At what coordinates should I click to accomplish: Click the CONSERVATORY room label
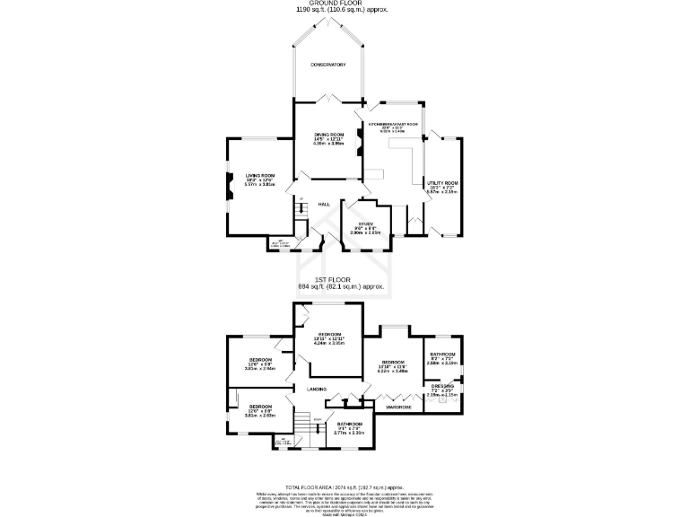pyautogui.click(x=328, y=65)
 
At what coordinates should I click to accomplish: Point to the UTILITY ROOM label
pyautogui.click(x=442, y=182)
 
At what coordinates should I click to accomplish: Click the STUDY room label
pyautogui.click(x=366, y=224)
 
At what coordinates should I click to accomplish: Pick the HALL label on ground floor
pyautogui.click(x=324, y=205)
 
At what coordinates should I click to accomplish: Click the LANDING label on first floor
pyautogui.click(x=317, y=389)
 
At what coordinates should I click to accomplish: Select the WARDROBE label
pyautogui.click(x=398, y=407)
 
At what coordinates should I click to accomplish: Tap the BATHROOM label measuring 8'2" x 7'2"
pyautogui.click(x=441, y=355)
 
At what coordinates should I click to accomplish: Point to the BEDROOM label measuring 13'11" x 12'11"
pyautogui.click(x=329, y=334)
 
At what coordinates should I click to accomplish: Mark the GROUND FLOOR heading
pyautogui.click(x=344, y=4)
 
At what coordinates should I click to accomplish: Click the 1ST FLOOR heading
pyautogui.click(x=344, y=279)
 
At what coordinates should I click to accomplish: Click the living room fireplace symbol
pyautogui.click(x=230, y=185)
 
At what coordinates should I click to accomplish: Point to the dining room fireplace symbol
pyautogui.click(x=360, y=139)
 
